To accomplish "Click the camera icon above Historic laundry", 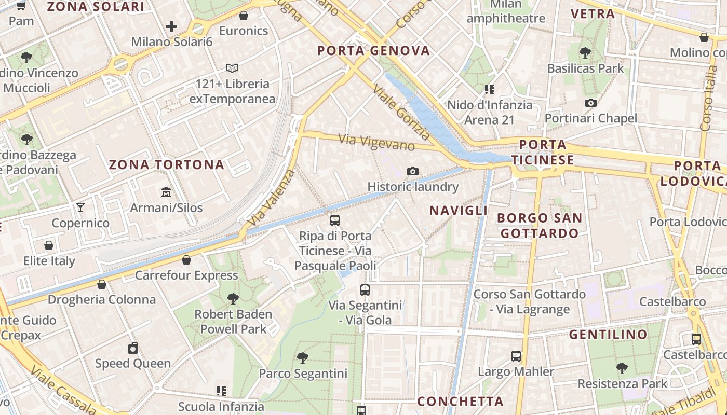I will (413, 171).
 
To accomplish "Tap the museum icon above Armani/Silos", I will (166, 192).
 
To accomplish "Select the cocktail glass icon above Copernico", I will (80, 208).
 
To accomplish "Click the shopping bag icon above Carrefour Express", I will (186, 260).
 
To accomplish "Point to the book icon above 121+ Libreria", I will (232, 68).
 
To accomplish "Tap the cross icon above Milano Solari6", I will (171, 26).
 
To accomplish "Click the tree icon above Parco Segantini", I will (303, 357).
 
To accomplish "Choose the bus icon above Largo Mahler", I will (516, 356).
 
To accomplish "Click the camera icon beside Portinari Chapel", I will (590, 103).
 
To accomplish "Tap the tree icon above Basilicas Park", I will (585, 52).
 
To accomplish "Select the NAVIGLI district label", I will (459, 210).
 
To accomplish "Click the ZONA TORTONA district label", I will (166, 165).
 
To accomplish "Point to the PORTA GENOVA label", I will (373, 50).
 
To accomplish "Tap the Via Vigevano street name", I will (376, 142).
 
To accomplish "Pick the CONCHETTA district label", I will (460, 401).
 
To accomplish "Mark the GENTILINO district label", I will (608, 334).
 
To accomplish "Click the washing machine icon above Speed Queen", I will (133, 348).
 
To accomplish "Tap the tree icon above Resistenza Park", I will (622, 369).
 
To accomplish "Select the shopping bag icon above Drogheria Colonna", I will (102, 284).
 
